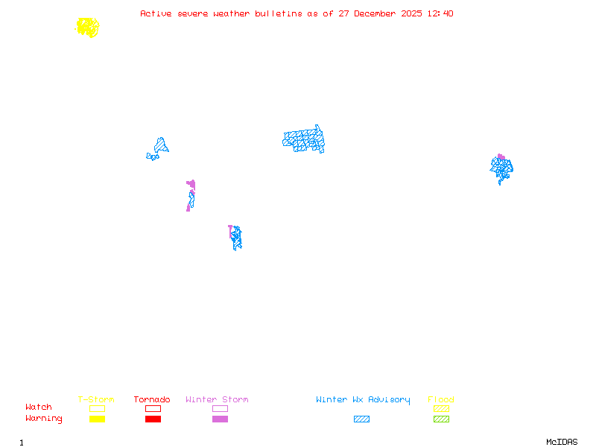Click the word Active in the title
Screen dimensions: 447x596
click(156, 13)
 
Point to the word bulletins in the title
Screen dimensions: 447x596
click(279, 13)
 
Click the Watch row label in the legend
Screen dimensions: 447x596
click(39, 408)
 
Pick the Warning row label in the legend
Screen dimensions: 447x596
click(43, 419)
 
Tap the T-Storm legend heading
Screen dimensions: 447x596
click(96, 399)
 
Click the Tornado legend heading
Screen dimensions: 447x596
click(152, 399)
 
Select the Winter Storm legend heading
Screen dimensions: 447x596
click(217, 399)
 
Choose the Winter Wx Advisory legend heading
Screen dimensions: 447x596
click(363, 399)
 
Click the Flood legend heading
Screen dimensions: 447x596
click(441, 399)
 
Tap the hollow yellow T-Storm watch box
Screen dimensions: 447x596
click(97, 408)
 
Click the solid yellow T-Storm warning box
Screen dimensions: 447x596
click(97, 419)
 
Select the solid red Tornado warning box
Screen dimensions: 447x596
click(153, 419)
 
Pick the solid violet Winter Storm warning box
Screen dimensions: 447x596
click(220, 419)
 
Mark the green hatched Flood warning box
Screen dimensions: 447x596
click(441, 419)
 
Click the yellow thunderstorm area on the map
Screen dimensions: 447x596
click(87, 28)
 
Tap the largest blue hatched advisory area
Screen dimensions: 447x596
click(304, 139)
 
